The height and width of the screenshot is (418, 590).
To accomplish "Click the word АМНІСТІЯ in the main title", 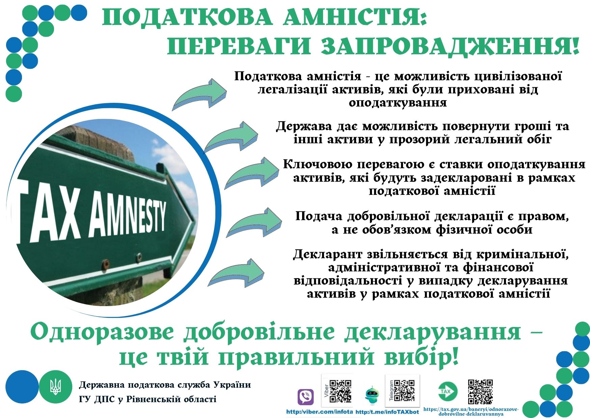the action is pyautogui.click(x=355, y=18).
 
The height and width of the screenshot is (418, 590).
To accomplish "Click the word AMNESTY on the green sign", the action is pyautogui.click(x=128, y=218).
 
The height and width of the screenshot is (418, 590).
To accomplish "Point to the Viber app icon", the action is pyautogui.click(x=305, y=397).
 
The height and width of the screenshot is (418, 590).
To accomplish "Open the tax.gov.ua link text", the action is pyautogui.click(x=471, y=411).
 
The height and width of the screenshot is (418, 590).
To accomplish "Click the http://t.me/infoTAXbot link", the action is pyautogui.click(x=387, y=412).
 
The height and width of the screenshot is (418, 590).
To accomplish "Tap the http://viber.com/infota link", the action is pyautogui.click(x=319, y=412).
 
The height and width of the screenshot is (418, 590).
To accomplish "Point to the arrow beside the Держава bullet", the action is pyautogui.click(x=231, y=137).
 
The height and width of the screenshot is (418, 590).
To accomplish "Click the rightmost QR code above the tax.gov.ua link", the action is pyautogui.click(x=480, y=392).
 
